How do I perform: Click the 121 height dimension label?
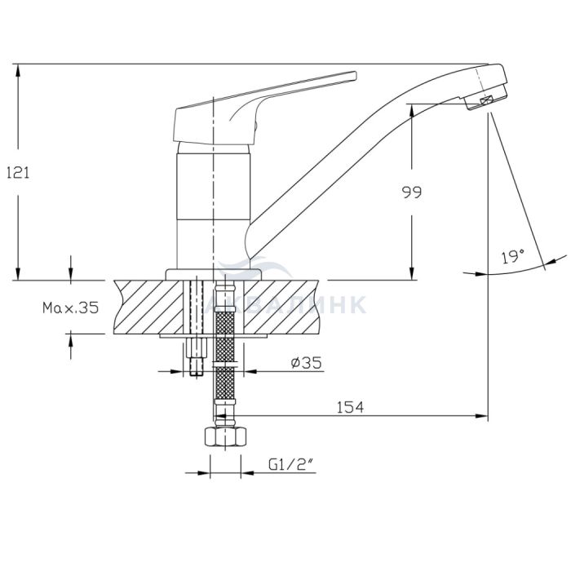pyautogui.click(x=18, y=172)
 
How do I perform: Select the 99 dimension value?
pyautogui.click(x=412, y=192)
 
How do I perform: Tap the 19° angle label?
pyautogui.click(x=513, y=256)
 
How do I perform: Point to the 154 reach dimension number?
pyautogui.click(x=350, y=407)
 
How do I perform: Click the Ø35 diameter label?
pyautogui.click(x=306, y=362)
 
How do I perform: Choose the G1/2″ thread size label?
pyautogui.click(x=291, y=464)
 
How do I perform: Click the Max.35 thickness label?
pyautogui.click(x=71, y=308)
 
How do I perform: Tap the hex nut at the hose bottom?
pyautogui.click(x=226, y=436)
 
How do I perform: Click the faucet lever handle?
pyautogui.click(x=255, y=109)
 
